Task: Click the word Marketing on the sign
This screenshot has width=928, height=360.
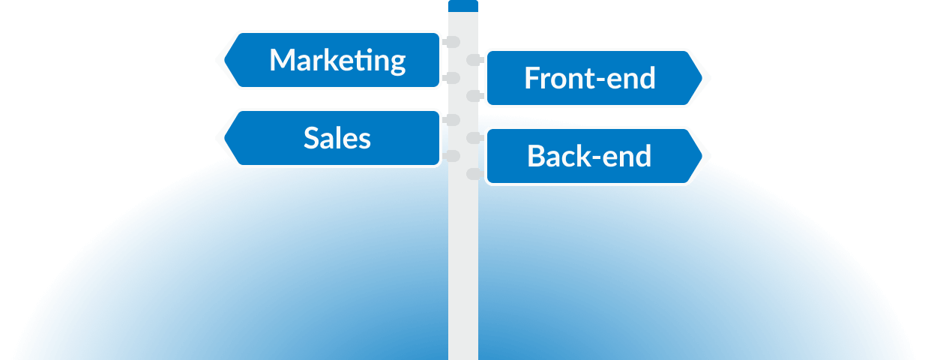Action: [337, 60]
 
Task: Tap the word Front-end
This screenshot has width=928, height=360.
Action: [589, 78]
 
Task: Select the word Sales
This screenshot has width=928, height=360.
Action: [337, 138]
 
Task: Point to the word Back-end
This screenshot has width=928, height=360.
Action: [589, 156]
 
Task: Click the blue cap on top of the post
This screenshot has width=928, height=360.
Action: [463, 5]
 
